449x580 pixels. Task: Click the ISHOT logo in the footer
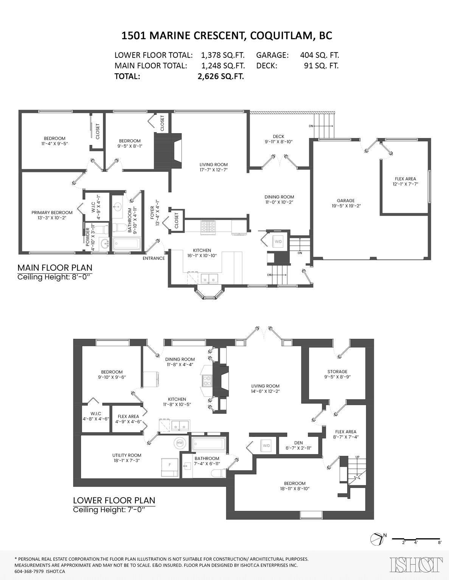416,565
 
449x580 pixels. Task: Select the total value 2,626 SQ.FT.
221,76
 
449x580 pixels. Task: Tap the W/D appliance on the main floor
278,242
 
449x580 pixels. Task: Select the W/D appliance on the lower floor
266,446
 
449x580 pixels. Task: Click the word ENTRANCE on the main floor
154,258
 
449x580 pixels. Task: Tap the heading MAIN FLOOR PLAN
55,268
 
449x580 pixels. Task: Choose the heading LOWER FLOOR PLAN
114,500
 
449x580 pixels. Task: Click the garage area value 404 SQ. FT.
319,55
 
